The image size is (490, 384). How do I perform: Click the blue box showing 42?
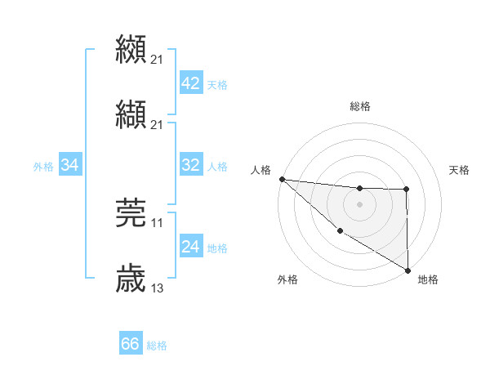[x=190, y=83]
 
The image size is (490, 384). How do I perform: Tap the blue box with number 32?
[x=190, y=165]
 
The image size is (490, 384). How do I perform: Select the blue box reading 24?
[x=190, y=247]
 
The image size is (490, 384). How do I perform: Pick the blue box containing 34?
[x=70, y=165]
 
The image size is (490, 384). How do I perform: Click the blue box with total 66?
[x=130, y=344]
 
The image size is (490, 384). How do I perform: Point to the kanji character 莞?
[x=131, y=212]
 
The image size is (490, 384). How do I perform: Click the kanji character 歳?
[x=131, y=278]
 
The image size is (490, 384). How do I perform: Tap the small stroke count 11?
[x=158, y=222]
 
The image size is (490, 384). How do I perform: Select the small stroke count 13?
[x=158, y=288]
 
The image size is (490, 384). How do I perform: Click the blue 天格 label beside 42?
[x=217, y=85]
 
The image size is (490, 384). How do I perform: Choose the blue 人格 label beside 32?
[x=217, y=167]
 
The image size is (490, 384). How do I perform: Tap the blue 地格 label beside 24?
[x=217, y=248]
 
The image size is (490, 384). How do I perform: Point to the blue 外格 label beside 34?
[x=43, y=167]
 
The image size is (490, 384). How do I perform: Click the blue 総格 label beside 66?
[x=157, y=346]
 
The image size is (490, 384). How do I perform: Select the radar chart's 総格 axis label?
[x=360, y=106]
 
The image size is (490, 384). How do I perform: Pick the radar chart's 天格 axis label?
[x=459, y=170]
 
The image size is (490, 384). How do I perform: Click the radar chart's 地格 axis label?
[x=428, y=279]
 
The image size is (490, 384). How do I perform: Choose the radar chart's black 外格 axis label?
[x=287, y=279]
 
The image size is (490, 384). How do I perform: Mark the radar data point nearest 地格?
[x=408, y=270]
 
